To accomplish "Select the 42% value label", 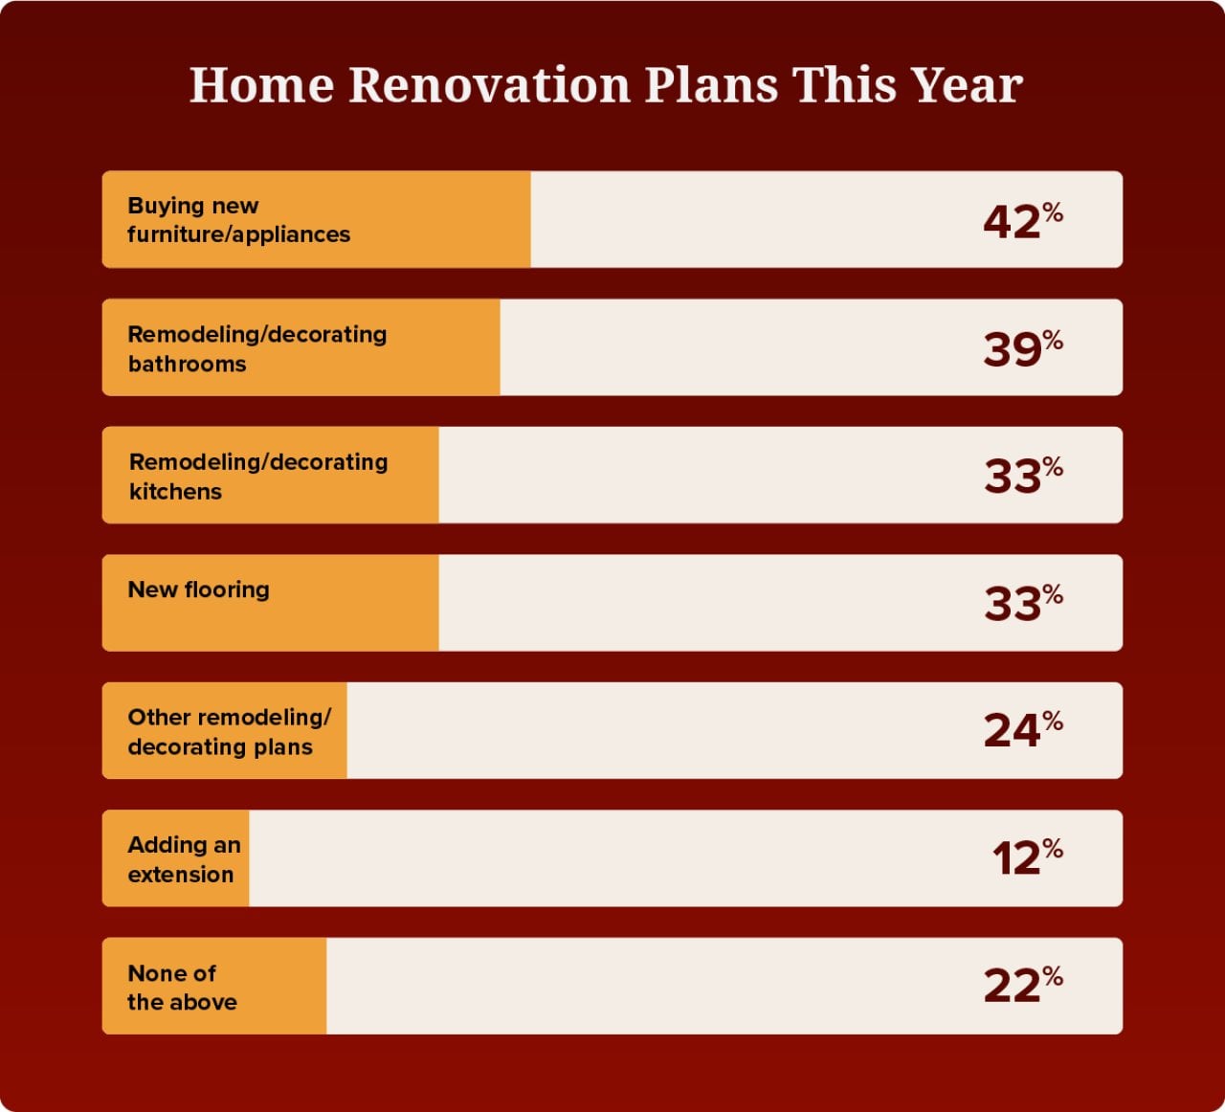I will tap(1021, 220).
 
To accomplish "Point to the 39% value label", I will tap(1021, 347).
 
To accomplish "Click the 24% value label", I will tap(1021, 730).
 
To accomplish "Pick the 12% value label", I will tap(1026, 857).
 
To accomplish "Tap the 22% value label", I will tap(1021, 986).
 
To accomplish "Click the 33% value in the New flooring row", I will tap(1021, 603).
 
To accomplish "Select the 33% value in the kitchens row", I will tap(1021, 476).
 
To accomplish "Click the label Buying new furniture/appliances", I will tap(238, 220).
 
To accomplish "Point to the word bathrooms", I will tap(187, 364).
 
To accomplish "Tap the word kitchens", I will tap(175, 492).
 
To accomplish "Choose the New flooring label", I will tap(198, 589).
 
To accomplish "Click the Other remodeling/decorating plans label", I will tap(228, 731).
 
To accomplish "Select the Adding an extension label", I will tap(183, 859).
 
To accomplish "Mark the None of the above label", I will tap(181, 987).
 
